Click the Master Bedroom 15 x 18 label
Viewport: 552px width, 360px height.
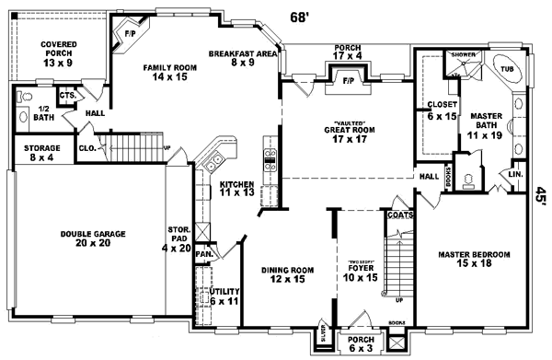pos(474,259)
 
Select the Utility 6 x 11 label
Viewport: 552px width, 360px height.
pos(224,296)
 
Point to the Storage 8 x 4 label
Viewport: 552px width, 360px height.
pos(41,153)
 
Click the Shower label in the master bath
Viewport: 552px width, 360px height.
pos(463,55)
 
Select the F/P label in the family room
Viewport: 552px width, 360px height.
pos(128,33)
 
